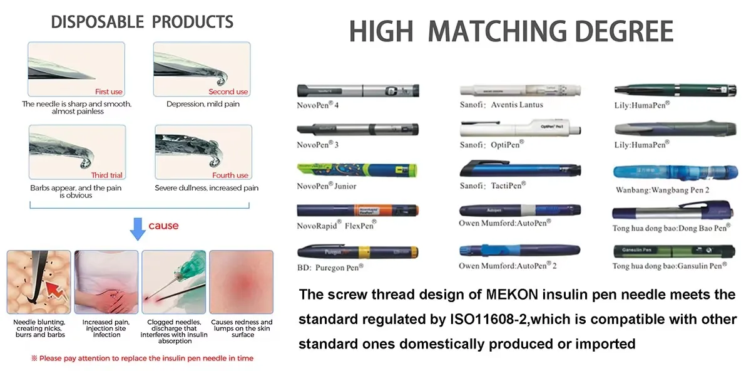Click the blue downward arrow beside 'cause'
[x=138, y=229]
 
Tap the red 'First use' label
[x=109, y=92]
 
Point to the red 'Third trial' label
[x=107, y=175]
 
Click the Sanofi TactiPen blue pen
[x=521, y=169]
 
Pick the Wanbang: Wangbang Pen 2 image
[x=671, y=174]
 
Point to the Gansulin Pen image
[x=671, y=252]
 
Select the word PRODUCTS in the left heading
[x=193, y=23]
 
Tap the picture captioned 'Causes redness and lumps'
[x=241, y=282]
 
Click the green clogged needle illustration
[x=173, y=282]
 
